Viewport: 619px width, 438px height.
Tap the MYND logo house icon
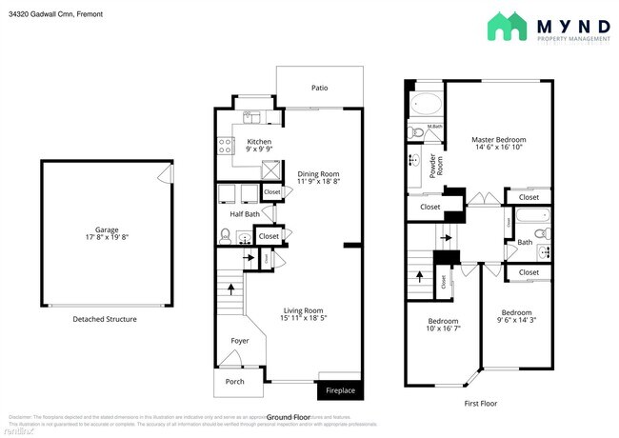pos(507,27)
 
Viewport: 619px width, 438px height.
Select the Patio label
pos(319,88)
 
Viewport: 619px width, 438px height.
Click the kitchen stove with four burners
pos(227,146)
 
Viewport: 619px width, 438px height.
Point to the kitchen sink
pos(252,119)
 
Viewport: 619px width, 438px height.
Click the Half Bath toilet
pos(226,235)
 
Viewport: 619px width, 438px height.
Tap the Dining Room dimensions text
pos(319,181)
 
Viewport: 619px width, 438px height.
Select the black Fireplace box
pos(339,390)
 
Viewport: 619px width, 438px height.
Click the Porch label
pos(234,381)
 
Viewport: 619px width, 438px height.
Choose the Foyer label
pos(240,340)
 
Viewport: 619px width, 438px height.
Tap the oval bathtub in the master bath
pos(426,106)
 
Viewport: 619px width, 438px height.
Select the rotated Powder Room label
pos(432,168)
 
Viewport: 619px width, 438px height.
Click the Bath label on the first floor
pos(525,242)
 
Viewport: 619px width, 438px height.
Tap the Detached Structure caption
pos(105,319)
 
